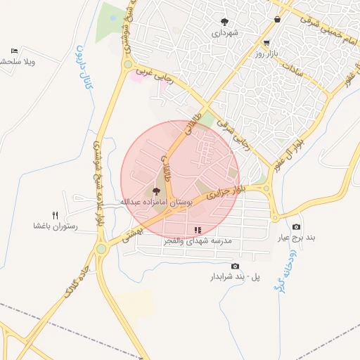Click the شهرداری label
tap(226, 33)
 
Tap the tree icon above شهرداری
tap(225, 22)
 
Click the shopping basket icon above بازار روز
tap(278, 20)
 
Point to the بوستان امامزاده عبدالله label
tap(156, 202)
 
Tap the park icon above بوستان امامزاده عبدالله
tap(156, 191)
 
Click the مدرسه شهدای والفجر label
tap(199, 240)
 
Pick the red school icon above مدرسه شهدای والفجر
tap(198, 229)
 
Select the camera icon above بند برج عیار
tap(296, 226)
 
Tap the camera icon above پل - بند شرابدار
tap(235, 266)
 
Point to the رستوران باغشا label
tap(55, 226)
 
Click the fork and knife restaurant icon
tap(55, 214)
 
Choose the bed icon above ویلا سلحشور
tap(15, 51)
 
